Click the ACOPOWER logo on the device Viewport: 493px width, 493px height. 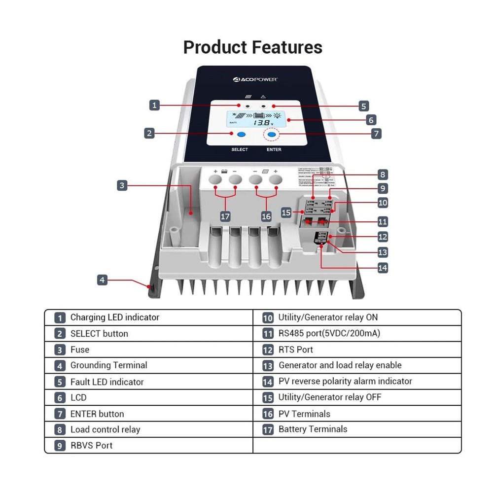(255, 78)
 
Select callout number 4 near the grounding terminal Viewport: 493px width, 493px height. (102, 280)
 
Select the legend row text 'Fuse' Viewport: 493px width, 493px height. (79, 350)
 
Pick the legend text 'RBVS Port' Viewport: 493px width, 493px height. (91, 445)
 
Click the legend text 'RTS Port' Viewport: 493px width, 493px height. (295, 350)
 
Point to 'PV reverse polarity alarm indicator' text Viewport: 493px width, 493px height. (345, 381)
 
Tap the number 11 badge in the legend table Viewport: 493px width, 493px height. (268, 334)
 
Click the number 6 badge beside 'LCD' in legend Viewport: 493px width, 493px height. (60, 398)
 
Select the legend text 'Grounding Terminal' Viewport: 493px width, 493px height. (108, 365)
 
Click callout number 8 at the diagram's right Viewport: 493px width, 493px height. (383, 174)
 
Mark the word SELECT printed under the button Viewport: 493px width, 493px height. (240, 149)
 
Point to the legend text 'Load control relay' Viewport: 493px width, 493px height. (105, 429)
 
